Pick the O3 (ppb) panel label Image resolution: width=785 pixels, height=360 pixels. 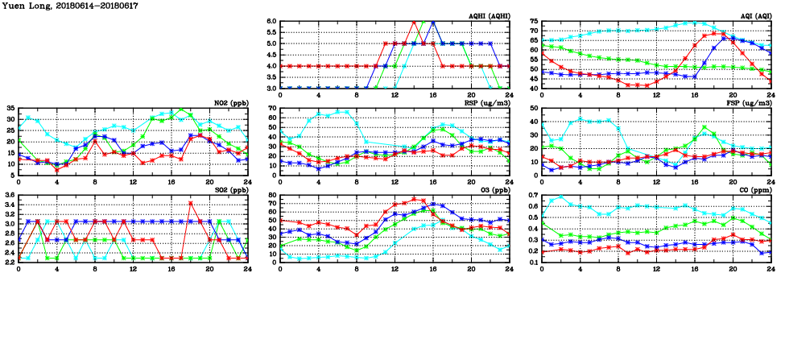492,190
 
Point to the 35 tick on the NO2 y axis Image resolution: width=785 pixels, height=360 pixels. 10,108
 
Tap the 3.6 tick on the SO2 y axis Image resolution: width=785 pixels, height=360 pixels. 9,195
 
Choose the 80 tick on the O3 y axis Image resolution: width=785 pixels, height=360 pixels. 271,195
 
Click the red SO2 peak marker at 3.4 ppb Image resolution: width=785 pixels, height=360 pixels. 191,203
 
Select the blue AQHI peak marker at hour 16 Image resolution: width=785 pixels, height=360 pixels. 433,22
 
